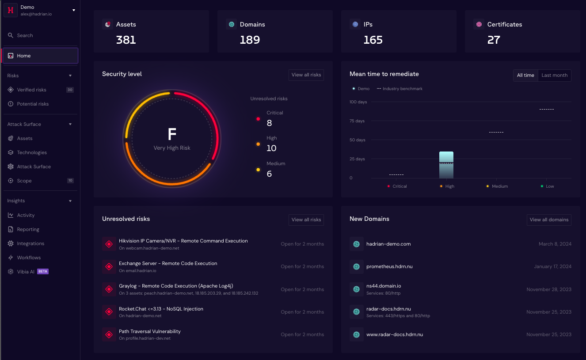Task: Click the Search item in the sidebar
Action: coord(25,35)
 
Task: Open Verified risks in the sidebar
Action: coord(31,90)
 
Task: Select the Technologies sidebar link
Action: coord(32,152)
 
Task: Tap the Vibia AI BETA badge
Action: coord(43,272)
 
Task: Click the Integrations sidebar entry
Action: coord(30,243)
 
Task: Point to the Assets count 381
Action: coord(126,40)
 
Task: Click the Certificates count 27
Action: coord(494,40)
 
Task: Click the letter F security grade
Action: coord(172,134)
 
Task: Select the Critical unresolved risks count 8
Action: coord(269,123)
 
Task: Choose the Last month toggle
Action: coord(554,76)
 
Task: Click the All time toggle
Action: coord(525,76)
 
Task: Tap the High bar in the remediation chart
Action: coord(446,165)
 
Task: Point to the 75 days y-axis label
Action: coord(357,121)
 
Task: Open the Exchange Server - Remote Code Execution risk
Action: coord(168,263)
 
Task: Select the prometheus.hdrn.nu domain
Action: coord(389,266)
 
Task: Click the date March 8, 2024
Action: coord(555,244)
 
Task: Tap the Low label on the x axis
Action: coord(550,186)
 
